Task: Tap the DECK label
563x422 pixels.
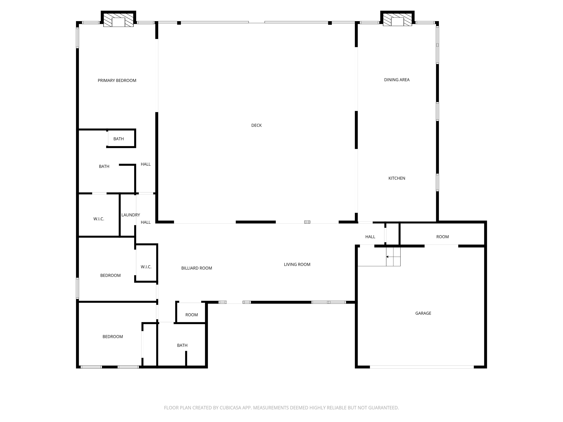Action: pos(256,125)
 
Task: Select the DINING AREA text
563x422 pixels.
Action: pos(397,80)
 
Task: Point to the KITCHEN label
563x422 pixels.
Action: pos(397,178)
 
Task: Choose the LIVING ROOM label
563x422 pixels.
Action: pos(297,264)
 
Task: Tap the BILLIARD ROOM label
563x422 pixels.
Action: pos(196,268)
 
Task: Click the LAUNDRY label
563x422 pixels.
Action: pos(130,215)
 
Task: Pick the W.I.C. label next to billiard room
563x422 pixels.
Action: pos(146,266)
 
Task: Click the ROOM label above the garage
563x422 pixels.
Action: pos(442,237)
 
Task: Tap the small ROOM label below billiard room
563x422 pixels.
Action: pos(191,315)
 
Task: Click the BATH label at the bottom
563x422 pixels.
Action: pos(182,345)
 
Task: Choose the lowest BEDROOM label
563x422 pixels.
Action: pos(113,336)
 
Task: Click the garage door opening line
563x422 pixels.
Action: pos(422,367)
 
